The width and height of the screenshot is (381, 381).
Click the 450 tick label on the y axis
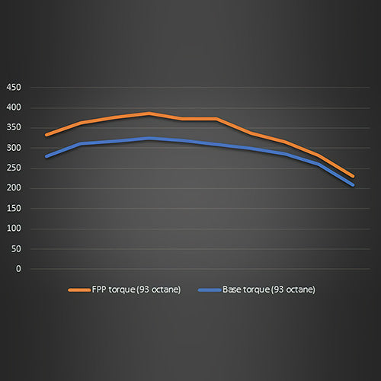(x=14, y=88)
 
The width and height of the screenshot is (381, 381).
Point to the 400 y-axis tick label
(x=14, y=107)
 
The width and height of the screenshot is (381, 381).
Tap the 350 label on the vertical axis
(x=14, y=128)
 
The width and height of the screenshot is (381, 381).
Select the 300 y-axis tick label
(x=14, y=148)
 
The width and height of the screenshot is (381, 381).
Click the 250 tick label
(x=14, y=168)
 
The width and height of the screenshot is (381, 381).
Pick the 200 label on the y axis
(x=14, y=188)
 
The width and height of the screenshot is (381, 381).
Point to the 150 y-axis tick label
(x=14, y=209)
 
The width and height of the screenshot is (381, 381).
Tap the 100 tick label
(x=14, y=229)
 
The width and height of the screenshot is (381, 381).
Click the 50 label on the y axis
(x=16, y=249)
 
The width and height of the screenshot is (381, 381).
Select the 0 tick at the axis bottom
(x=18, y=269)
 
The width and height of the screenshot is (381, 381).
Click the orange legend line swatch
(x=79, y=290)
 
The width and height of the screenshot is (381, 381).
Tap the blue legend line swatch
(x=208, y=290)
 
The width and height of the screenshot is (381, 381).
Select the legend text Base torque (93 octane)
(x=268, y=290)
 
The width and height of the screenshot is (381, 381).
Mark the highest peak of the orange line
(x=149, y=114)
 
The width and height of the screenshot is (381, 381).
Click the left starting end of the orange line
(x=46, y=135)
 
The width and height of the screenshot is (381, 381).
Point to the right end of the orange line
(x=353, y=177)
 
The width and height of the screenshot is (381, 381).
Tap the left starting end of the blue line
(x=46, y=156)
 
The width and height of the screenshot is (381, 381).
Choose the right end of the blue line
(x=353, y=184)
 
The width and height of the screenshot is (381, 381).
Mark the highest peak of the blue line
(x=149, y=139)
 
